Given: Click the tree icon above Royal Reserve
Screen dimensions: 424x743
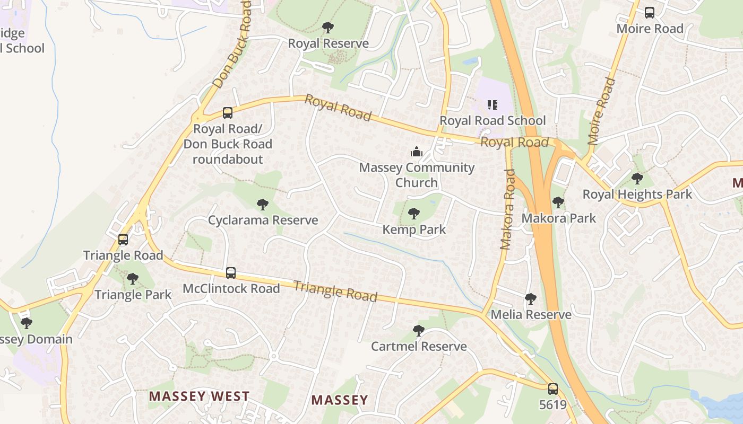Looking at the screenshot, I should [x=328, y=27].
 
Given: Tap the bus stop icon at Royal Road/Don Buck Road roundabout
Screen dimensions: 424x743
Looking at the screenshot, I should [x=228, y=113].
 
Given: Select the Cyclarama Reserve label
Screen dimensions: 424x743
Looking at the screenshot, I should [x=263, y=220].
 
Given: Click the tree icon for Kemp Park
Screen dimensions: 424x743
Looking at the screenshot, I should [x=414, y=214].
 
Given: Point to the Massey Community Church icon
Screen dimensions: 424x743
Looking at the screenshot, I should [x=417, y=152].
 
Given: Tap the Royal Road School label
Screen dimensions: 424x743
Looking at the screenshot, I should [x=493, y=121].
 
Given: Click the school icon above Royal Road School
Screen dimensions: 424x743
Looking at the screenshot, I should [x=492, y=105].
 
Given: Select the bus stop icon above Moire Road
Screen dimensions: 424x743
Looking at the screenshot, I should [x=650, y=13].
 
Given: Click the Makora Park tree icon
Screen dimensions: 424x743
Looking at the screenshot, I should [x=558, y=202].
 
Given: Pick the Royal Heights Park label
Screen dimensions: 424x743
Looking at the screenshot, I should [x=637, y=194].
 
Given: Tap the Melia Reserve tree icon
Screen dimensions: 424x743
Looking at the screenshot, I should [x=530, y=299].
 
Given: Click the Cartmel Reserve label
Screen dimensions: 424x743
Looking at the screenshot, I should [x=419, y=347].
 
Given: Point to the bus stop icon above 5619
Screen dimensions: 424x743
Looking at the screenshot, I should [x=553, y=389].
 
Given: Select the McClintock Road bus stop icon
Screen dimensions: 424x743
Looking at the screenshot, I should [x=231, y=273].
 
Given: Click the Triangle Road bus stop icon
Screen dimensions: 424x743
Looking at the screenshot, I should [x=123, y=240].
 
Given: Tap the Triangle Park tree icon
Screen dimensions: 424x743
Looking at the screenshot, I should [x=133, y=279].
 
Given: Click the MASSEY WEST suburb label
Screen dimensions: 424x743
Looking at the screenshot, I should [x=199, y=396].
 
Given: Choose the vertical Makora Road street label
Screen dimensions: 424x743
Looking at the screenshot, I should [x=507, y=209].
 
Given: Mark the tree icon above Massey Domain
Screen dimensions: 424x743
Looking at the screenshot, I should [x=26, y=323].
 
